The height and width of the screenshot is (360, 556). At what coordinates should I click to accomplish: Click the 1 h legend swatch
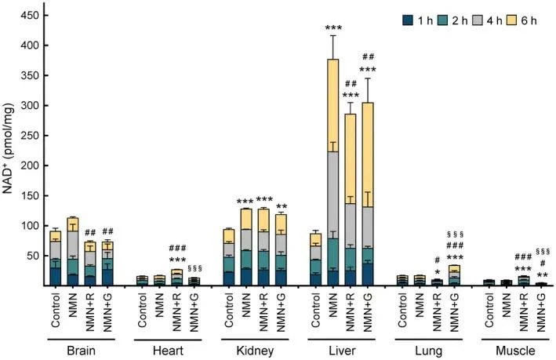pyautogui.click(x=408, y=20)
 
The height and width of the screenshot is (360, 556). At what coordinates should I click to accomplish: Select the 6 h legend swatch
pyautogui.click(x=511, y=20)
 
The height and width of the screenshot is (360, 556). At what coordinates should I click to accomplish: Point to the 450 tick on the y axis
pyautogui.click(x=42, y=16)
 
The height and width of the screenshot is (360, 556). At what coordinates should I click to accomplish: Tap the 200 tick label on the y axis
pyautogui.click(x=30, y=165)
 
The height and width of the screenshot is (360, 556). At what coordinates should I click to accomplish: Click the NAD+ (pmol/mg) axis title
pyautogui.click(x=7, y=148)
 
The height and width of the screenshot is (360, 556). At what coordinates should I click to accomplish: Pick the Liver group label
pyautogui.click(x=342, y=351)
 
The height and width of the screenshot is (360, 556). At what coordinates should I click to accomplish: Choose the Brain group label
pyautogui.click(x=82, y=351)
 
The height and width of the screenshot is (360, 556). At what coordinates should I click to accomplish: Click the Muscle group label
pyautogui.click(x=515, y=351)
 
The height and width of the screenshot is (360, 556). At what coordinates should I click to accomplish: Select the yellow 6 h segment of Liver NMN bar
pyautogui.click(x=333, y=105)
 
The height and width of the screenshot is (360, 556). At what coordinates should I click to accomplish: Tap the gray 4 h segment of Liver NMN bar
pyautogui.click(x=333, y=195)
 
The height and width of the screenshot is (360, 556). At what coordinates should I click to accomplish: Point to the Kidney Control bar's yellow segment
pyautogui.click(x=229, y=236)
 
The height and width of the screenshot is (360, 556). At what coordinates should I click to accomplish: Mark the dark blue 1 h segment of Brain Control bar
pyautogui.click(x=56, y=276)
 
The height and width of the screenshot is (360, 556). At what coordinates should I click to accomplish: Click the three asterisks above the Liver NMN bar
pyautogui.click(x=333, y=28)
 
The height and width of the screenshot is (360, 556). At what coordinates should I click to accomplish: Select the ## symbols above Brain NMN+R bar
pyautogui.click(x=90, y=232)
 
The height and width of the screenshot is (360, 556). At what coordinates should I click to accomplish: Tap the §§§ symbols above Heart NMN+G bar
pyautogui.click(x=194, y=268)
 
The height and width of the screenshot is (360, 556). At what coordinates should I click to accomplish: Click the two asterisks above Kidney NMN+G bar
pyautogui.click(x=282, y=207)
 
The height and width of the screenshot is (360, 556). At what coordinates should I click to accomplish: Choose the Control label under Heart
pyautogui.click(x=142, y=311)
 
